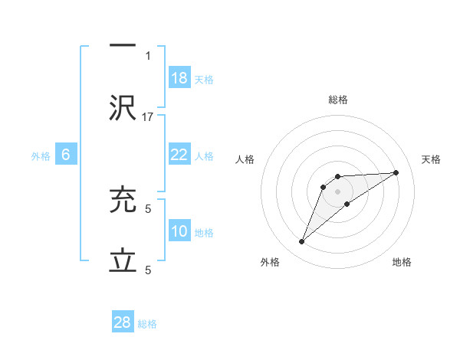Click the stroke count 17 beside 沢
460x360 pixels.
149,117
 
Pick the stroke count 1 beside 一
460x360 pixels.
149,56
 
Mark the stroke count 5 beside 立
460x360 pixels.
149,270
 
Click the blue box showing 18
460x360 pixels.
179,78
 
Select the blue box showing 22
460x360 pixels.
179,155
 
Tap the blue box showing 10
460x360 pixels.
179,231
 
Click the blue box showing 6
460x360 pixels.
66,155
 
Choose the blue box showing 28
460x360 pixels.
123,322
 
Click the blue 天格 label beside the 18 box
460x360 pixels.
204,80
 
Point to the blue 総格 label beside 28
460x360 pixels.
147,324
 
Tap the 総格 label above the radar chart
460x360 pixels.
337,100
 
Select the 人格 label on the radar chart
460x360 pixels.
246,159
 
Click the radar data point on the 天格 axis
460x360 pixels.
396,172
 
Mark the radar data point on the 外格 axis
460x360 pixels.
301,242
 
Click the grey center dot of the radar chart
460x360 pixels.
337,191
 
